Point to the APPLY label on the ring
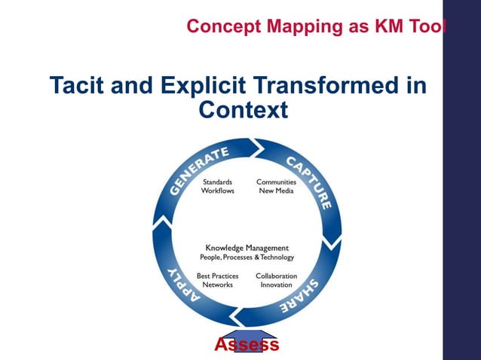coord(180,287)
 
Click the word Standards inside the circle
coord(217,182)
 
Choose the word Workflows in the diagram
coord(217,191)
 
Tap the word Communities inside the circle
coord(276,182)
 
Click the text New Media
coord(276,191)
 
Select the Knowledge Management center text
coord(247,248)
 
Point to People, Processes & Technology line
coord(247,258)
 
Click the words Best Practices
coord(218,276)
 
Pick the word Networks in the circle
coord(218,285)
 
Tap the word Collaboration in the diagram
coord(276,276)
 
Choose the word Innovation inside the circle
coord(276,285)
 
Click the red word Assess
coord(247,345)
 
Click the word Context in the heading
coord(242,111)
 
